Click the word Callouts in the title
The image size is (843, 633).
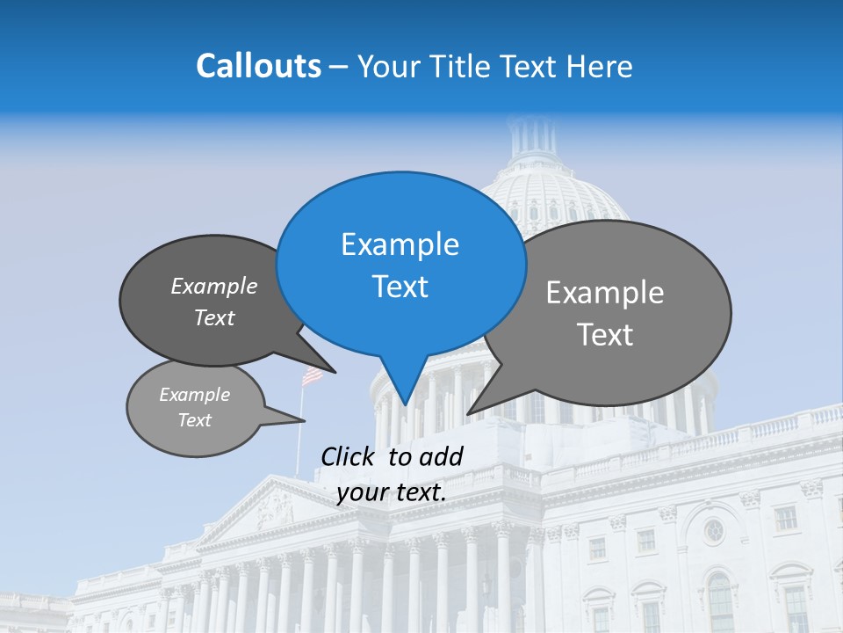pyautogui.click(x=258, y=66)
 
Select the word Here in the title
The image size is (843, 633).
pyautogui.click(x=598, y=66)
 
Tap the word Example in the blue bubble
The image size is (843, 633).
pyautogui.click(x=400, y=244)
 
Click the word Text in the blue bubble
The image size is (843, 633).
pyautogui.click(x=400, y=287)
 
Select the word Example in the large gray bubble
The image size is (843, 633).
pyautogui.click(x=604, y=293)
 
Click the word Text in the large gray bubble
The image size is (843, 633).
pyautogui.click(x=604, y=335)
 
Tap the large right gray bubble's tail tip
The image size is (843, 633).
pyautogui.click(x=469, y=412)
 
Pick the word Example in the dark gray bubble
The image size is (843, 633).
pyautogui.click(x=213, y=286)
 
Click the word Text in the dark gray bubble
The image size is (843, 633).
pyautogui.click(x=213, y=317)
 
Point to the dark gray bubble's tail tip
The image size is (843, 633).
pyautogui.click(x=335, y=371)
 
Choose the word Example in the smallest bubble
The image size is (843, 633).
pyautogui.click(x=194, y=395)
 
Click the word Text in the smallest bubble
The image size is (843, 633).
pyautogui.click(x=194, y=420)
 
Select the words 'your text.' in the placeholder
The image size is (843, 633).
pyautogui.click(x=392, y=492)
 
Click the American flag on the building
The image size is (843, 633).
pyautogui.click(x=312, y=376)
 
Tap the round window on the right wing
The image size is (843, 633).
pyautogui.click(x=713, y=530)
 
